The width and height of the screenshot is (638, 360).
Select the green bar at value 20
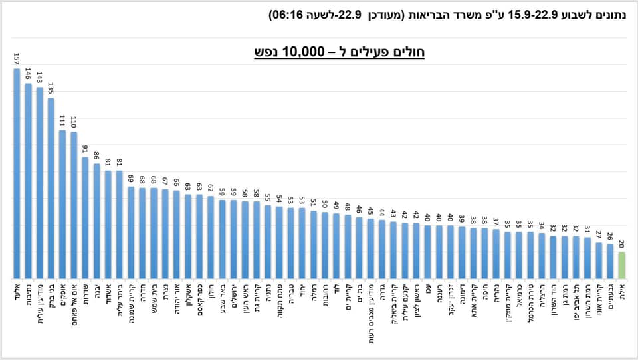coord(621,266)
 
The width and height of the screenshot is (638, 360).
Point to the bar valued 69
coord(131,232)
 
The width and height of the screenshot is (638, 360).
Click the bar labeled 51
coord(313,245)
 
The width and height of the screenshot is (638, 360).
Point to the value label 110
coord(74,122)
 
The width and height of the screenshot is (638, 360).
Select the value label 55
coord(267,197)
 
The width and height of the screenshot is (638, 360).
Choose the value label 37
coord(496,221)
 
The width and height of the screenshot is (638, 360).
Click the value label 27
coord(598,234)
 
